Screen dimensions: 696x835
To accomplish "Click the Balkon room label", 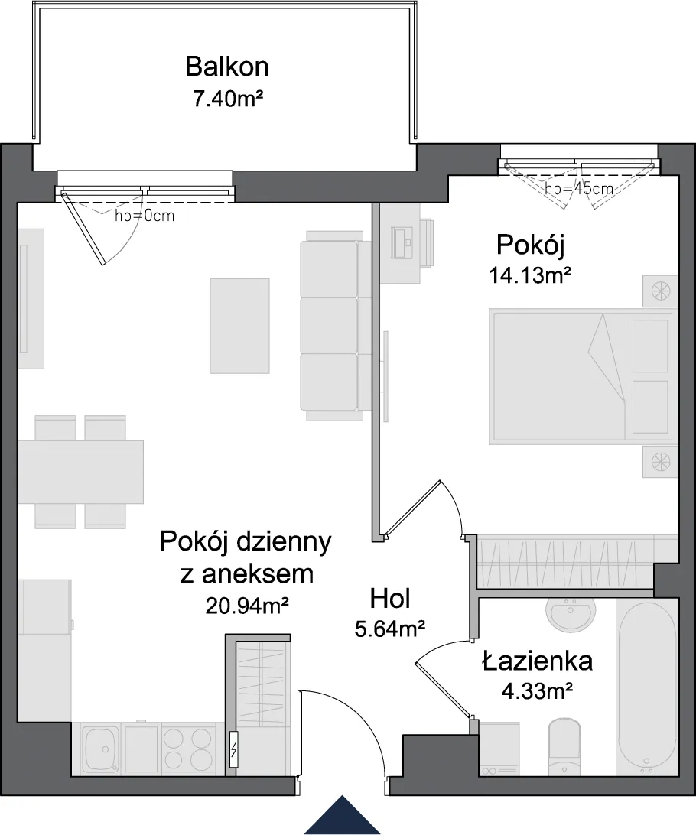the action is [227, 67].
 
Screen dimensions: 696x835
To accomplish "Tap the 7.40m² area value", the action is [229, 99].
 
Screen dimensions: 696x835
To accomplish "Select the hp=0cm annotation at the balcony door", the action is [145, 216].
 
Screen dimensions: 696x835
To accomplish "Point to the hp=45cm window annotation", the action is [579, 189].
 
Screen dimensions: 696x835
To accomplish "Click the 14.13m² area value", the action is [530, 276].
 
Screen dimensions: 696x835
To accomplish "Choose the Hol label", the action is [390, 599].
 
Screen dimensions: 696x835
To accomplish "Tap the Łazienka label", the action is [538, 661].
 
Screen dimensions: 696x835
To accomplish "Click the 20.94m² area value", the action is [247, 605].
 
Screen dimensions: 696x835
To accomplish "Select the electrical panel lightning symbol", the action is [233, 751].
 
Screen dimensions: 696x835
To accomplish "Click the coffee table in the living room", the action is [239, 326].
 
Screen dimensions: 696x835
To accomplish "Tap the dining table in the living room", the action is [81, 472].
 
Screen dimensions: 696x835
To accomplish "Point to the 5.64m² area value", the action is [390, 630].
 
